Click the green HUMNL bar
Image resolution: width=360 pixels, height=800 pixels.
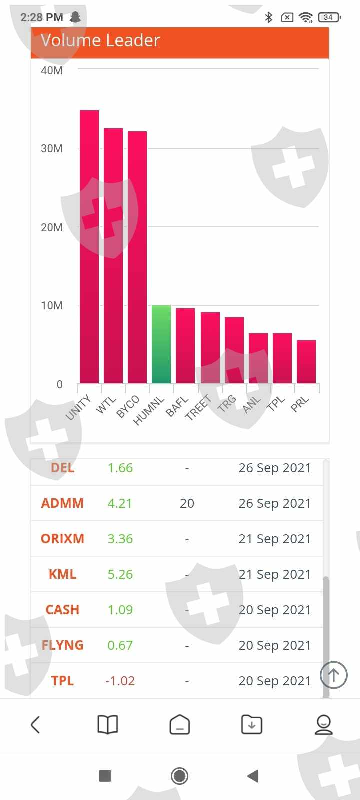click(161, 344)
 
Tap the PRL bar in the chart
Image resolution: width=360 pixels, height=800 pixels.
click(306, 362)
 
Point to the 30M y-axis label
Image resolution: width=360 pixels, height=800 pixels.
click(52, 148)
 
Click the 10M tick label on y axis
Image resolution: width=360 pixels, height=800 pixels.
click(52, 305)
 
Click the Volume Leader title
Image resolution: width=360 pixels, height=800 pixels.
click(100, 40)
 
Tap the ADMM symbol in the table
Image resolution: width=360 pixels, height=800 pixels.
click(62, 503)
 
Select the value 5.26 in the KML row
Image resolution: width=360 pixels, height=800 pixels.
click(120, 574)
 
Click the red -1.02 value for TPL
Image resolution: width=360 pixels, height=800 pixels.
click(120, 681)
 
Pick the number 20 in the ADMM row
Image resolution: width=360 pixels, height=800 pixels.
click(187, 503)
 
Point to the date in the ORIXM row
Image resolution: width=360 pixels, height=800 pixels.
click(274, 539)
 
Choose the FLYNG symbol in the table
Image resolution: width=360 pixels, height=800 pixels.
click(62, 645)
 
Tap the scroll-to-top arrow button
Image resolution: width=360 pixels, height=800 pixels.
click(333, 675)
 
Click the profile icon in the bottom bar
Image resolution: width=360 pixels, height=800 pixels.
click(323, 724)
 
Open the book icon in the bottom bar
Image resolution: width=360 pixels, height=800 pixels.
click(107, 724)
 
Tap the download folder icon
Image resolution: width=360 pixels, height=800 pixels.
click(251, 724)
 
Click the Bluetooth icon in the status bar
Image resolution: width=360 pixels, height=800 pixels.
click(269, 17)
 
